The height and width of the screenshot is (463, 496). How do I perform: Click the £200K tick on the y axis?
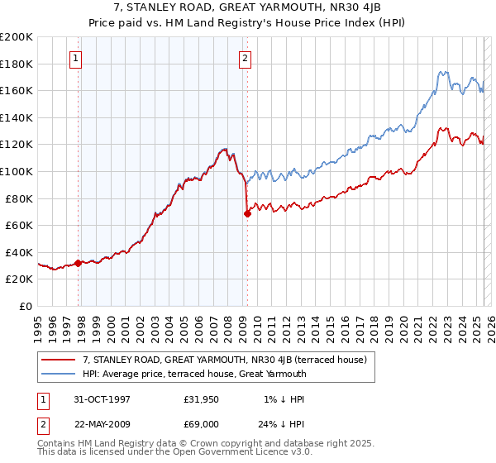[x=17, y=37]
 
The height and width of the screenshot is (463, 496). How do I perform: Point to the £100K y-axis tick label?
[x=17, y=171]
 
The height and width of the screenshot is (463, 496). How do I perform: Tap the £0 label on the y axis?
[x=27, y=306]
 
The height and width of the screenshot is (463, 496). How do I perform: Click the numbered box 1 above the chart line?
[x=75, y=58]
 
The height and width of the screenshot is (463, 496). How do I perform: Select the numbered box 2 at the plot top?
[x=246, y=58]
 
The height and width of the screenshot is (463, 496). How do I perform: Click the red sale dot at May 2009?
[x=247, y=213]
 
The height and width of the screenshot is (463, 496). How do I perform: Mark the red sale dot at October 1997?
[x=79, y=263]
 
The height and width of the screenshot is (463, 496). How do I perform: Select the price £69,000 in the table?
[x=202, y=423]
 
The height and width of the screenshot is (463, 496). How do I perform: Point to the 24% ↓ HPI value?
[x=281, y=423]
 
